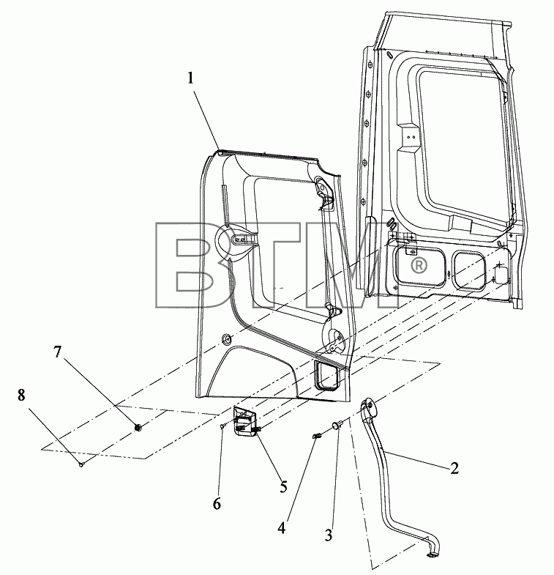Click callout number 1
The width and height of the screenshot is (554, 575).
pos(190,78)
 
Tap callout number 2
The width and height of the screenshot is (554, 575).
pos(454,468)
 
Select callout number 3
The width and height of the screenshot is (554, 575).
pos(329,535)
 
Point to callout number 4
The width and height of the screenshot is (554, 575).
pos(282,528)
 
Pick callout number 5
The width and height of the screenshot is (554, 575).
pos(284,487)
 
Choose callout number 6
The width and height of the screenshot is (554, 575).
pos(217,504)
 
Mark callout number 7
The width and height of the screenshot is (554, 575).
pos(57,352)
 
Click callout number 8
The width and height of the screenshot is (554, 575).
pos(21,396)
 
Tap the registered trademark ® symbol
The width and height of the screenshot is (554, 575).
pos(419,265)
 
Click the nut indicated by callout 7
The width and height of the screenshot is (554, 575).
pos(138,427)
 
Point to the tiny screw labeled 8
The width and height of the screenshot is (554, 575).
pos(81,464)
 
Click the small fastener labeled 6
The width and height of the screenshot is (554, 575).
pos(222,426)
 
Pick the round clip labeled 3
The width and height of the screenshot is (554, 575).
pos(337,425)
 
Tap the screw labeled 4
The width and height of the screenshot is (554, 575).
pos(317,436)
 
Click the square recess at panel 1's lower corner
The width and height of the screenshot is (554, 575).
pos(326,375)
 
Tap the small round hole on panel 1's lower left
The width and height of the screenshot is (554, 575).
pos(226,339)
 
